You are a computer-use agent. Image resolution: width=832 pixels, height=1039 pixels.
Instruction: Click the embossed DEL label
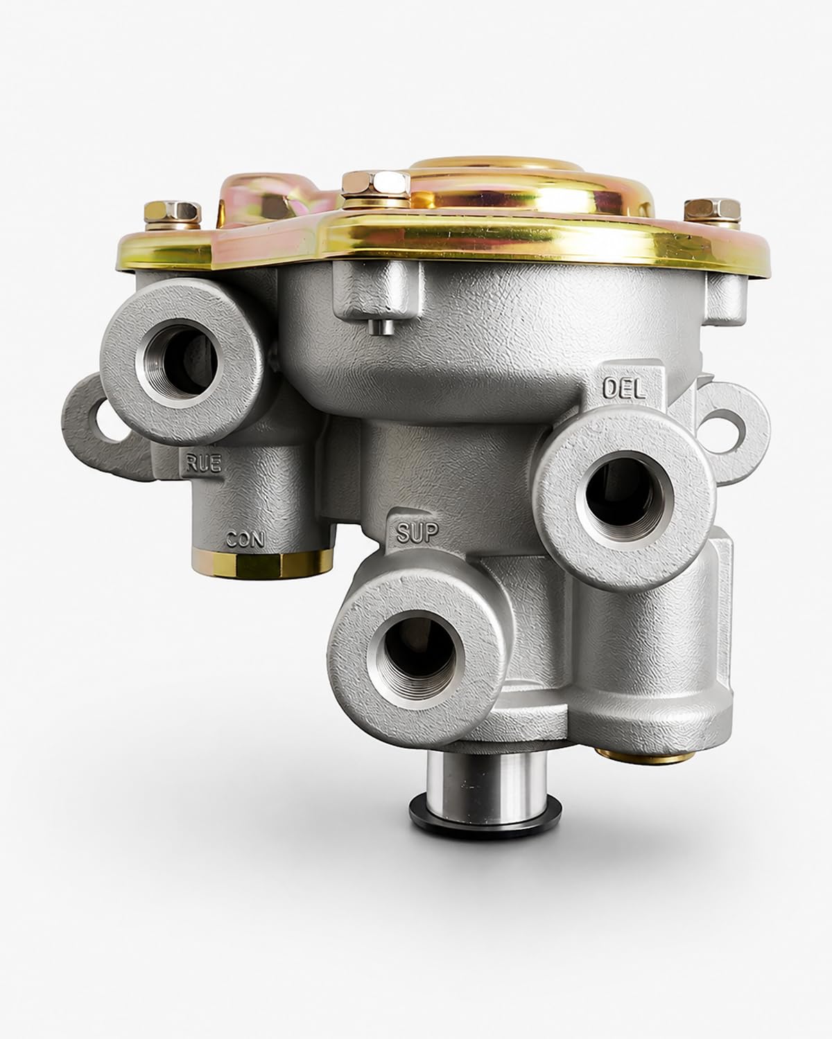point(624,389)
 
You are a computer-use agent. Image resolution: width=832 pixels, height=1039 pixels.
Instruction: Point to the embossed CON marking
point(245,539)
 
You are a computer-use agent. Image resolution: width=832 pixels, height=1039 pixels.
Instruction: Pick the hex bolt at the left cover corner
point(173,215)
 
